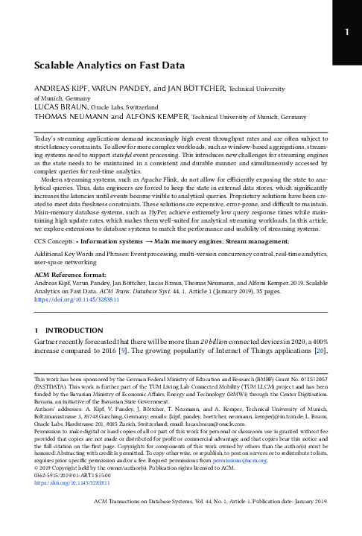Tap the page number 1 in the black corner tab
(x=346, y=32)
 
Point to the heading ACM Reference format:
(x=68, y=275)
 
